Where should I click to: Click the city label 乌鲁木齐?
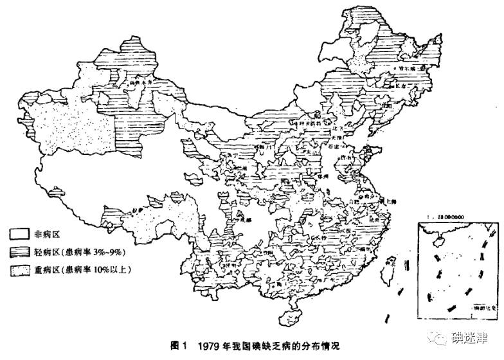click(140, 82)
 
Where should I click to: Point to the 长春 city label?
click(402, 85)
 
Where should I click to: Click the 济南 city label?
click(348, 156)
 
